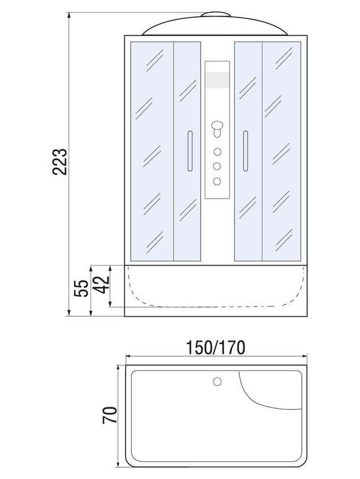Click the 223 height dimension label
click(x=60, y=162)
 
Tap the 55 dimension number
click(x=81, y=288)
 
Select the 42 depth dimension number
click(x=102, y=284)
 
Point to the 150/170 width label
click(x=216, y=348)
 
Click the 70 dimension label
click(x=110, y=415)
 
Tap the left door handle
click(x=190, y=151)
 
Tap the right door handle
click(x=246, y=151)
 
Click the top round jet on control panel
click(x=217, y=152)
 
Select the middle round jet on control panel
click(x=217, y=166)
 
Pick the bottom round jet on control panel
click(x=217, y=181)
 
